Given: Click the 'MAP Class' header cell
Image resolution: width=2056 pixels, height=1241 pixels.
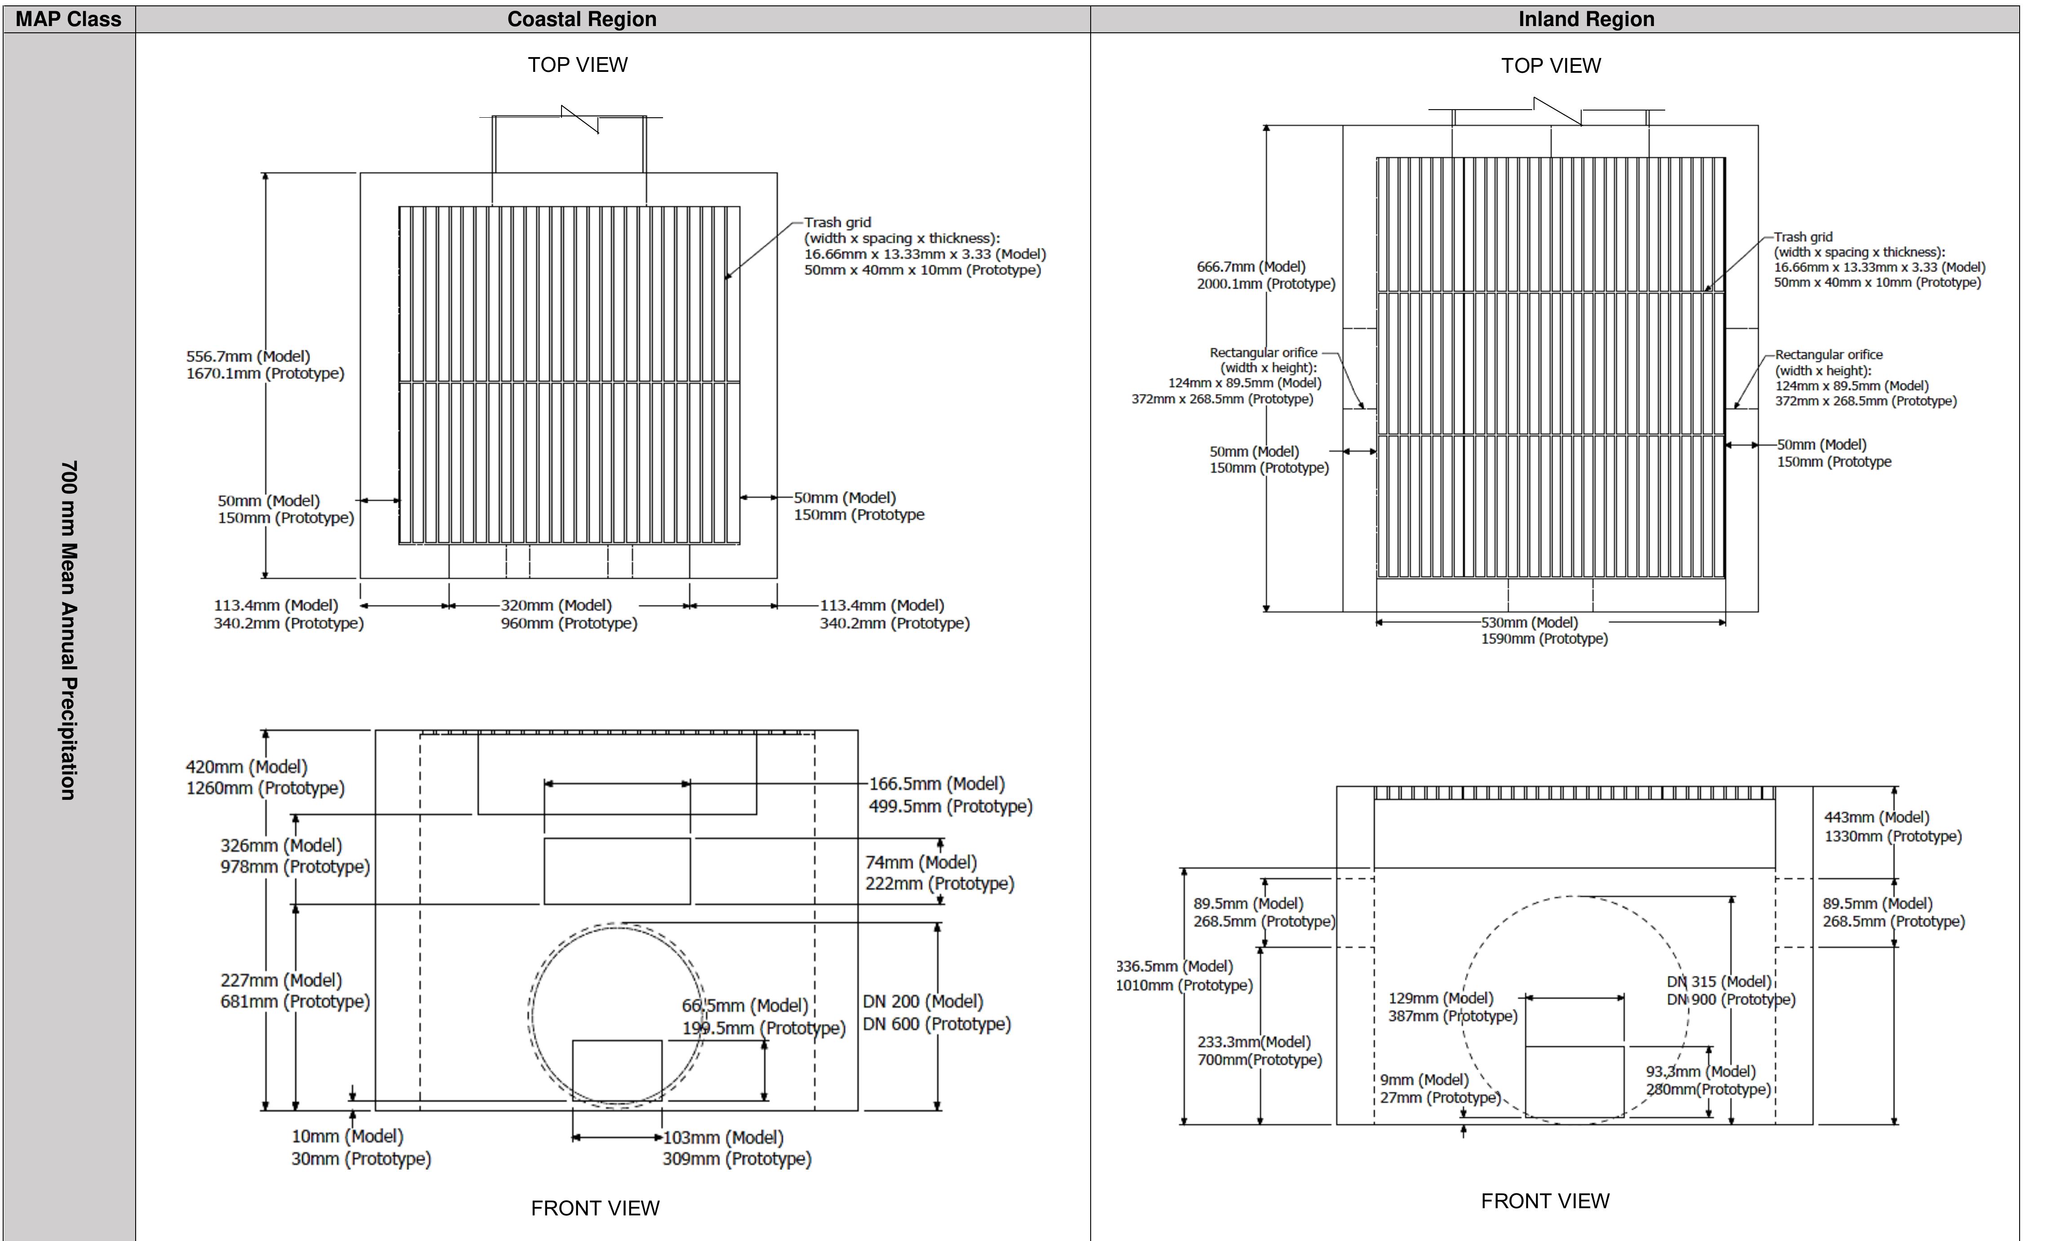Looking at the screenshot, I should (x=68, y=19).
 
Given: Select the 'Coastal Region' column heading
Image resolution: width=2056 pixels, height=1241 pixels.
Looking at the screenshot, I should (x=582, y=19).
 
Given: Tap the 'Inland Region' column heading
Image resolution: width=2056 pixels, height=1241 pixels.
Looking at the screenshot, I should (x=1585, y=19).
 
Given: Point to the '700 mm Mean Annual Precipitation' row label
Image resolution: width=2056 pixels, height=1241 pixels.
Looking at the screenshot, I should (x=68, y=630).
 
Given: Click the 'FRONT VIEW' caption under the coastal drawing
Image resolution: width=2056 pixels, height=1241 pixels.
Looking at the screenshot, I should (x=595, y=1208).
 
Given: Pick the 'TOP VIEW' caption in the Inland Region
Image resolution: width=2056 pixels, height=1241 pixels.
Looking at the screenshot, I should (x=1550, y=66).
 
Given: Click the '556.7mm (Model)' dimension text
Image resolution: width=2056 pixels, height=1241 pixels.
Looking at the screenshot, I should (x=248, y=356).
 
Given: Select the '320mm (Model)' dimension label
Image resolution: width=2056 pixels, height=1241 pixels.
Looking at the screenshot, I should (x=556, y=605).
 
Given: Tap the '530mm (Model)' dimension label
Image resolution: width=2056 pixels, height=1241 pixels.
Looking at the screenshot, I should (x=1529, y=623).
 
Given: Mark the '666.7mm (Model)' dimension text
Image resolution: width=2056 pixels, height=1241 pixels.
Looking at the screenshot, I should (x=1251, y=267).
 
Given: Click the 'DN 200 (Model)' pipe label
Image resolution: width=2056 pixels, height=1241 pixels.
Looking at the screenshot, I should (x=923, y=1002).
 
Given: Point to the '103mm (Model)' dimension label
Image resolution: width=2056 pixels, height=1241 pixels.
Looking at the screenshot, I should (x=723, y=1138).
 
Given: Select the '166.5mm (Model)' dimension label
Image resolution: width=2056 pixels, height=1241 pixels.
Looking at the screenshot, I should (x=936, y=784).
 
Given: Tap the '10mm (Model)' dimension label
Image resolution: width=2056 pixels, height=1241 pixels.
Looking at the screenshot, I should (x=347, y=1136).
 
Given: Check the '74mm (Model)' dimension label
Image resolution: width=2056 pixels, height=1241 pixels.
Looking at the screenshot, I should (x=920, y=862).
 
